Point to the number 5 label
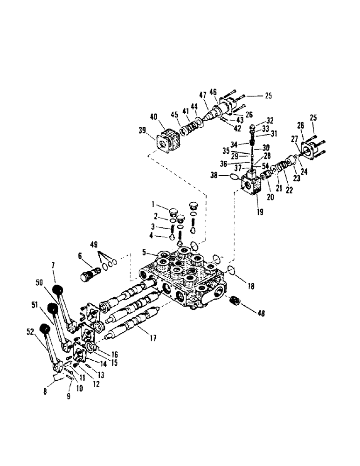145,253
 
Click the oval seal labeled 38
234,177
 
